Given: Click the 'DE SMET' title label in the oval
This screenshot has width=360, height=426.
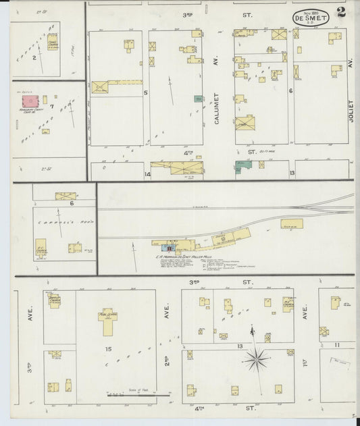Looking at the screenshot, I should [x=311, y=20].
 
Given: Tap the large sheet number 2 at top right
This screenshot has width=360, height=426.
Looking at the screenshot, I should [x=342, y=12].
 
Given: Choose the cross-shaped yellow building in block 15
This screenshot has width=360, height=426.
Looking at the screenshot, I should [x=107, y=321].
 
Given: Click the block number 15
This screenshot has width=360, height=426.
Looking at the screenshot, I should [x=107, y=348].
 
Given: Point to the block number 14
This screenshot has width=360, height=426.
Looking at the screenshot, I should [x=147, y=174].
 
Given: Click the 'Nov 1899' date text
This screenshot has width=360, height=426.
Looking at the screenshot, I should [x=311, y=13].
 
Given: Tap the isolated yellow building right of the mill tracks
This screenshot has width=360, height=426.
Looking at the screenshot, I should [x=292, y=223].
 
